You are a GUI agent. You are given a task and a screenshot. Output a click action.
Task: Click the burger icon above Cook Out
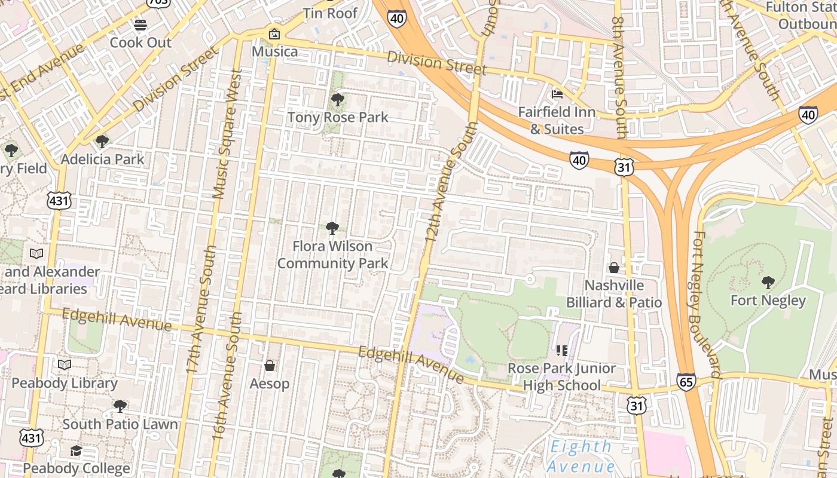pyautogui.click(x=140, y=25)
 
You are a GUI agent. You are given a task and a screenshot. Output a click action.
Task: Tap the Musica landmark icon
pyautogui.click(x=274, y=34)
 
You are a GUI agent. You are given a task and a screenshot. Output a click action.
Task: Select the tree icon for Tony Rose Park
pyautogui.click(x=338, y=100)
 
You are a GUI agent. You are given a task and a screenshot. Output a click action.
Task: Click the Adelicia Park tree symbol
pyautogui.click(x=102, y=142)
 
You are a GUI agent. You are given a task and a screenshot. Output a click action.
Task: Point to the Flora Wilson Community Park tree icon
pyautogui.click(x=332, y=228)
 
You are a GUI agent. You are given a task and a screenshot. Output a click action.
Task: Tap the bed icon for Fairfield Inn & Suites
pyautogui.click(x=557, y=94)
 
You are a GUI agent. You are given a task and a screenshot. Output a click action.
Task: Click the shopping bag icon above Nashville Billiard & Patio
pyautogui.click(x=614, y=268)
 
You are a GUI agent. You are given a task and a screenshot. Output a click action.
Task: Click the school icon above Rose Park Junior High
pyautogui.click(x=561, y=350)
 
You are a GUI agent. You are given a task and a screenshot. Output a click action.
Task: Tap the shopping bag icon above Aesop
pyautogui.click(x=270, y=365)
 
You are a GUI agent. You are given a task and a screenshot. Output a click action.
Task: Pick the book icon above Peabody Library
pyautogui.click(x=64, y=364)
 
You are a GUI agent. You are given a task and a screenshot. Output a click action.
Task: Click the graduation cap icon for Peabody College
pyautogui.click(x=76, y=451)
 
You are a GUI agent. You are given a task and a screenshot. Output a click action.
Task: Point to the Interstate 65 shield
pyautogui.click(x=686, y=381)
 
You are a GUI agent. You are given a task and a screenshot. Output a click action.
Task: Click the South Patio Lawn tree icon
pyautogui.click(x=120, y=406)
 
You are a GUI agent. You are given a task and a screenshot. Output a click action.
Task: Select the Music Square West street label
pyautogui.click(x=228, y=133)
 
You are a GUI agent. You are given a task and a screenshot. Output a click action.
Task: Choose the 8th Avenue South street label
pyautogui.click(x=618, y=78)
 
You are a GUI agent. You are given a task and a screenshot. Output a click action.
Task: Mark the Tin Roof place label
pyautogui.click(x=330, y=13)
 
